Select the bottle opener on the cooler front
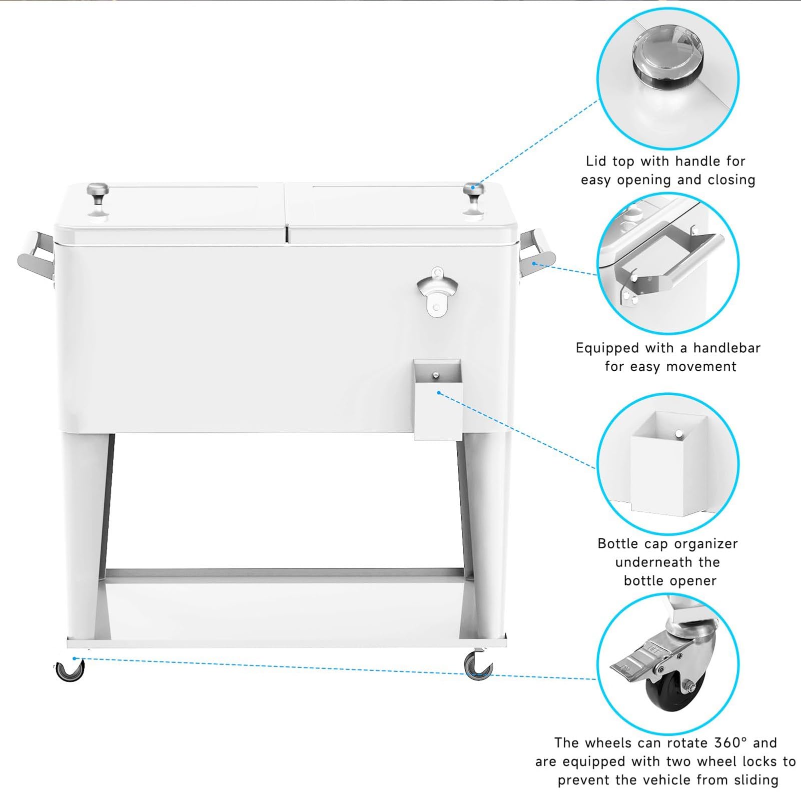[437, 292]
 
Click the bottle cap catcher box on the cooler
[438, 399]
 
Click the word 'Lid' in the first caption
[596, 161]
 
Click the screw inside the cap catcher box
[436, 375]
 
